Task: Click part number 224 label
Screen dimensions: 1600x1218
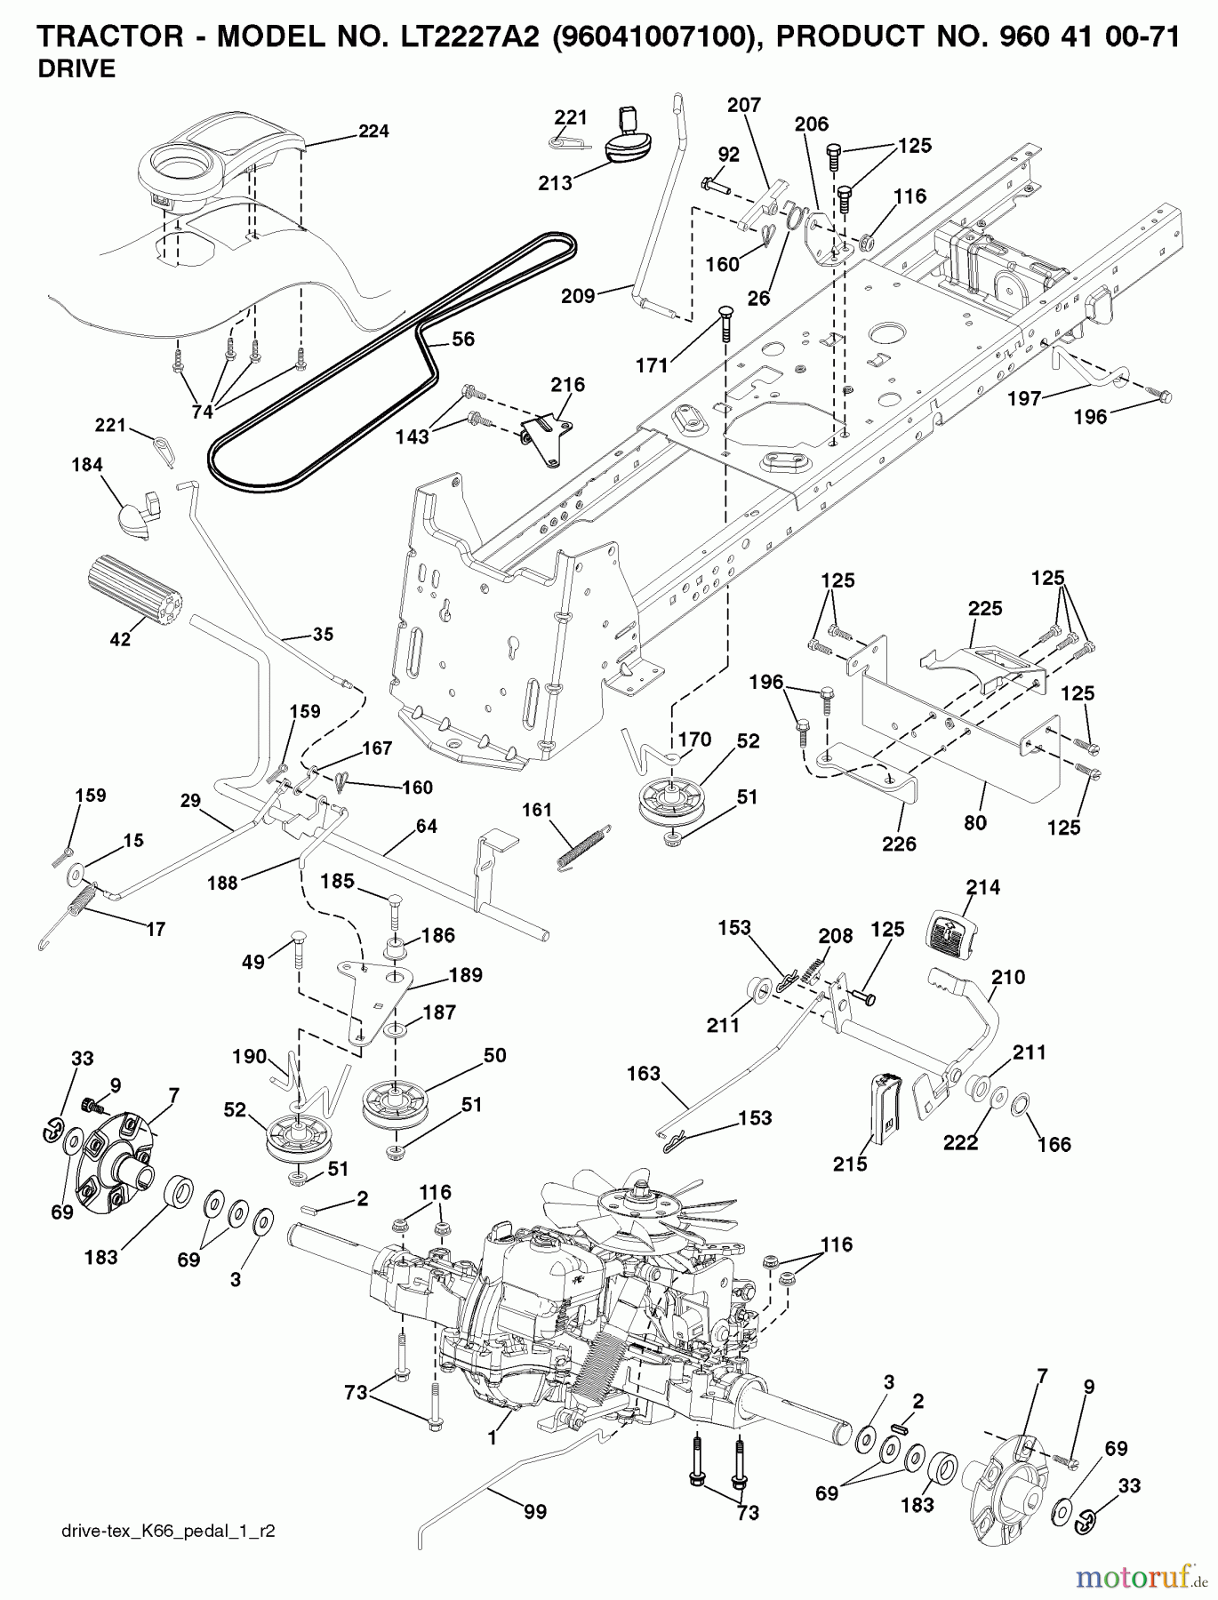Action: (373, 132)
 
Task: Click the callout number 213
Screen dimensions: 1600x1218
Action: (555, 184)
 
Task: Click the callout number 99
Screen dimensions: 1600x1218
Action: (535, 1511)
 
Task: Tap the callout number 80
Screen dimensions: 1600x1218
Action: (975, 822)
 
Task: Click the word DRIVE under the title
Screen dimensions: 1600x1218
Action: (76, 70)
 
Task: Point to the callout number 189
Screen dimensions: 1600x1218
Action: (465, 975)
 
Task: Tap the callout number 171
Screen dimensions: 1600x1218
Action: (653, 365)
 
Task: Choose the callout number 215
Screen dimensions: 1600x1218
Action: (850, 1163)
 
